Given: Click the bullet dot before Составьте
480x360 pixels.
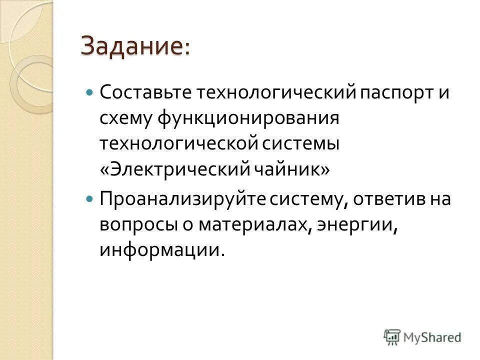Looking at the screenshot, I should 90,93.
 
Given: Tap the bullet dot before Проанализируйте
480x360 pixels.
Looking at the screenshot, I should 90,198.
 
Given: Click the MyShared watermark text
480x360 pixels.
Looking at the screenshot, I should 432,337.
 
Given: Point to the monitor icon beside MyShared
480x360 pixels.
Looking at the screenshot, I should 392,336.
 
